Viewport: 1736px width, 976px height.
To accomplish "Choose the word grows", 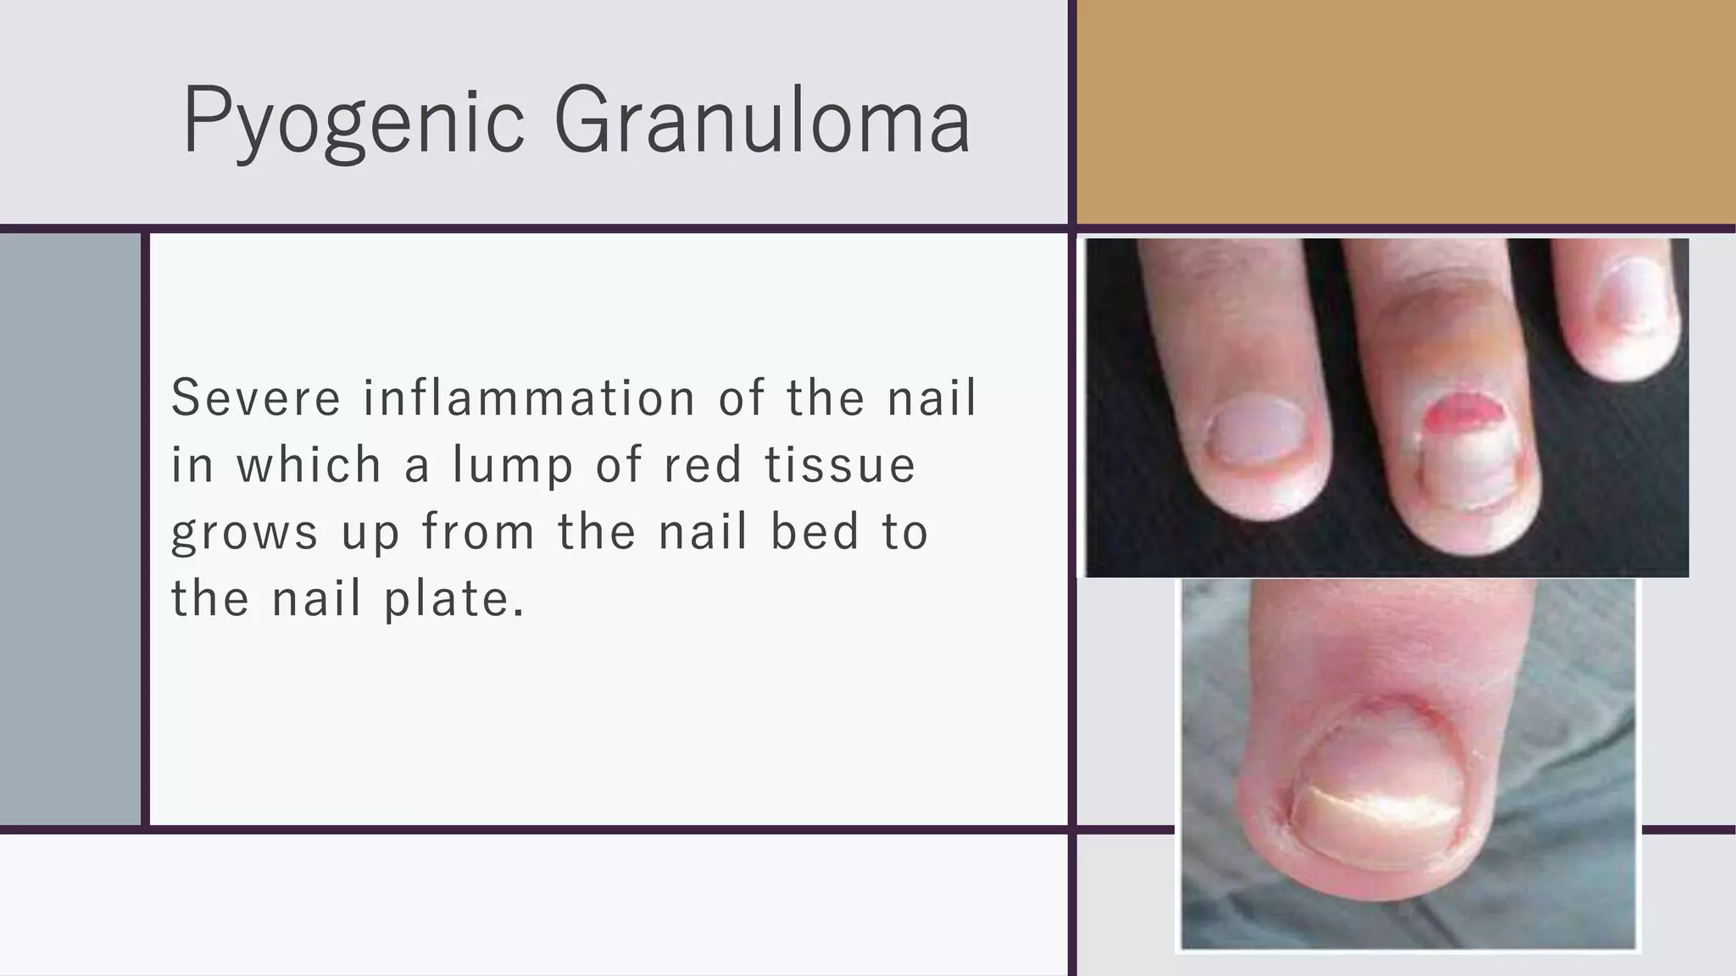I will click(x=245, y=533).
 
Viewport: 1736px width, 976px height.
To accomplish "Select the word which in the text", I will click(x=309, y=465).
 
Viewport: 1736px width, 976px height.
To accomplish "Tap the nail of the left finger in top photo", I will click(x=1251, y=430).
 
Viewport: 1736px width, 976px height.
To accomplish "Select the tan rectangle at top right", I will click(x=1405, y=112).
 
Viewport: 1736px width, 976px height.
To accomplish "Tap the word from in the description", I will click(x=478, y=533).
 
